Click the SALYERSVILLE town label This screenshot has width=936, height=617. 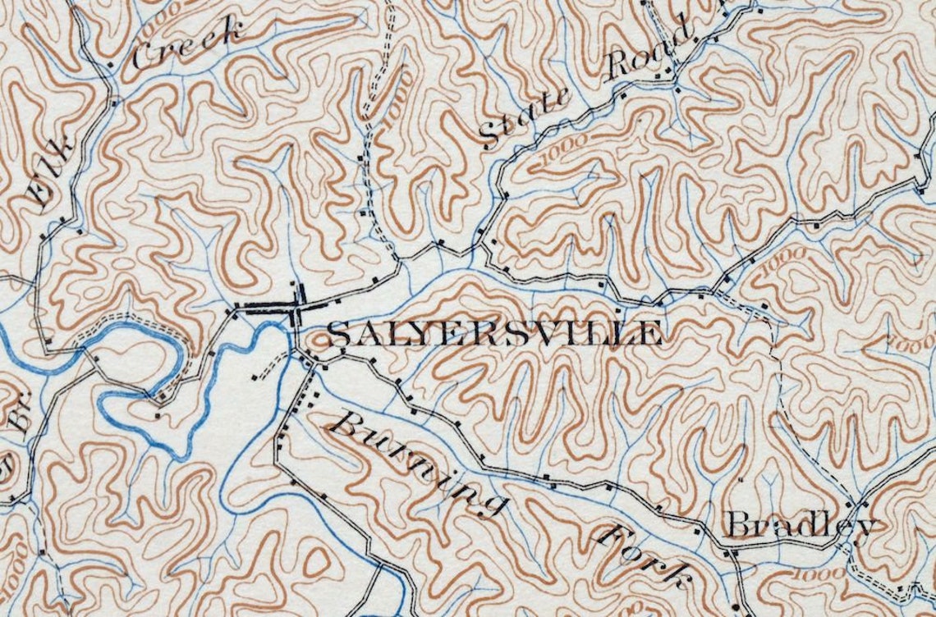point(494,334)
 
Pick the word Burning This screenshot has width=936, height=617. point(419,464)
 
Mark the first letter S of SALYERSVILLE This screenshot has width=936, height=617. point(339,334)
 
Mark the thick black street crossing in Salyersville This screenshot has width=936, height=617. point(297,308)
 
